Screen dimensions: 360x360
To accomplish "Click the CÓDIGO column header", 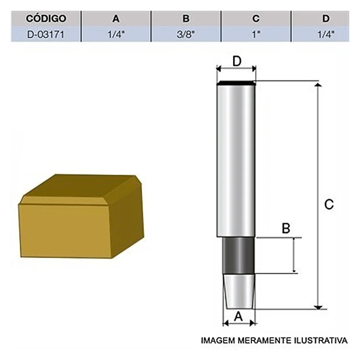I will (46, 18).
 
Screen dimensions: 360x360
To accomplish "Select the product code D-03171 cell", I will (46, 35).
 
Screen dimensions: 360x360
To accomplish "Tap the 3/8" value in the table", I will (186, 35).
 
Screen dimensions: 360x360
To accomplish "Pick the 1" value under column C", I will (256, 35).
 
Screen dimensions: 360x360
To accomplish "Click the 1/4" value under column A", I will (116, 35).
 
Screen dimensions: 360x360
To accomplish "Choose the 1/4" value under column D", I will (326, 35).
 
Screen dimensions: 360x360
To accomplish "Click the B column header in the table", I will (186, 18).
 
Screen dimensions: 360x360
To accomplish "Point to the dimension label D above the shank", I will (236, 61).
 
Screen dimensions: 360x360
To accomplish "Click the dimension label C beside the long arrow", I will (329, 204).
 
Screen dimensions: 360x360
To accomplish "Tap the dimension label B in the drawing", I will (286, 229).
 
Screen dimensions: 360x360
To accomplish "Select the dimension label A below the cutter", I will (238, 316).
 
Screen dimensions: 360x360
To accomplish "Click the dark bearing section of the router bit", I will (238, 256).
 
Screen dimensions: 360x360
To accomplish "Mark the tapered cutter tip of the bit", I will (238, 291).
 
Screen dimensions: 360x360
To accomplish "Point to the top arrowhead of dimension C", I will (318, 85).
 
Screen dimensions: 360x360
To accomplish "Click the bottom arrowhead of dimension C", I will (318, 307).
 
